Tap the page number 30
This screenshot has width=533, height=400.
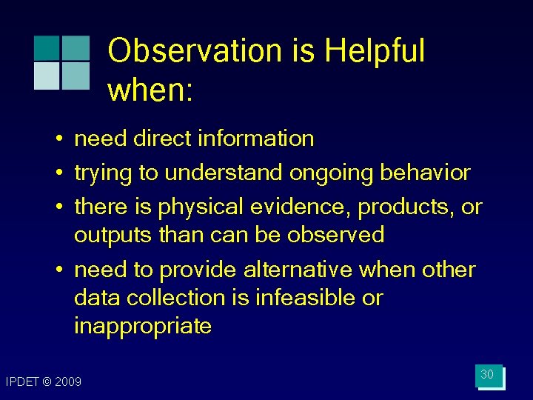(487, 375)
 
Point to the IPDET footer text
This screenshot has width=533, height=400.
(21, 382)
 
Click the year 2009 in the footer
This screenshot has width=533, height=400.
(69, 382)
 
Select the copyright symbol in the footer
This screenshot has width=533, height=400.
(47, 382)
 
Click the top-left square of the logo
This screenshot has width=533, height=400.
(47, 48)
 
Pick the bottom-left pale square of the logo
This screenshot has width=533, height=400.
(47, 76)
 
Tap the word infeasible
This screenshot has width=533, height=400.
(295, 298)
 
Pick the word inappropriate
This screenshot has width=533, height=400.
(143, 326)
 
